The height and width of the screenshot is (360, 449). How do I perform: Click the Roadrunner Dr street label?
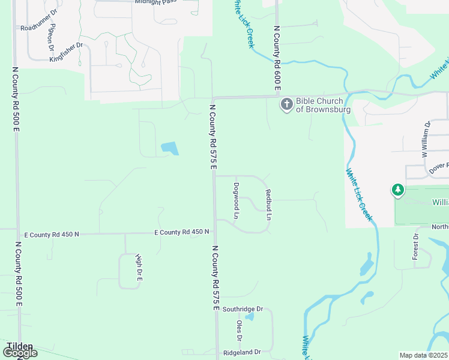[38, 28]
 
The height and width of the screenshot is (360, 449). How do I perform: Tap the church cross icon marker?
[286, 105]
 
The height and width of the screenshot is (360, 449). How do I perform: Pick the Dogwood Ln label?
[237, 200]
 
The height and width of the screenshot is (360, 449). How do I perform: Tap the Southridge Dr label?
[243, 309]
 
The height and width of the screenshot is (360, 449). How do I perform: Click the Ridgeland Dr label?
[242, 352]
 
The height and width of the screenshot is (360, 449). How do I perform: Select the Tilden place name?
[20, 346]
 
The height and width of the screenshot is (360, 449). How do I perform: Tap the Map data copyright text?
[424, 355]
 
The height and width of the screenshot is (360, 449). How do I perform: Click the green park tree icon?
[397, 191]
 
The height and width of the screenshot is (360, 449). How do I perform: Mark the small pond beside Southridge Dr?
[250, 317]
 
